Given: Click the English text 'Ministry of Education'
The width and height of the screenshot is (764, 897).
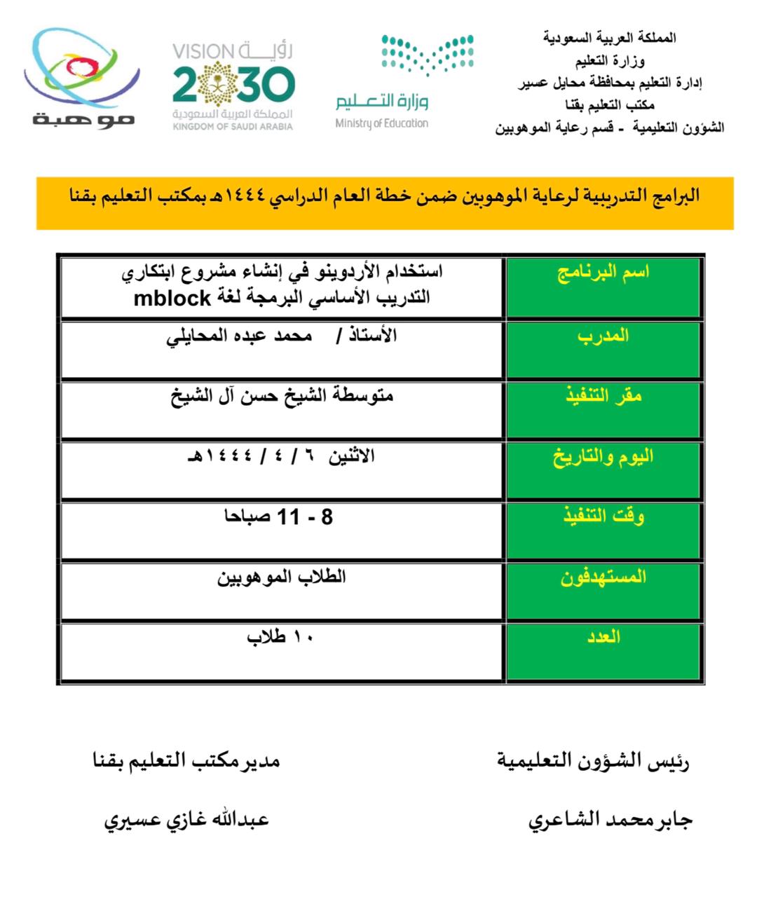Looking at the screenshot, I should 382,123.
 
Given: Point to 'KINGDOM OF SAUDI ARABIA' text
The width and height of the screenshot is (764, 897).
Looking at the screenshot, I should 233,127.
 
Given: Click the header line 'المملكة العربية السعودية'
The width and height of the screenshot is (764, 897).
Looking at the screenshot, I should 609,38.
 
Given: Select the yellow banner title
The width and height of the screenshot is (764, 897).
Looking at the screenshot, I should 385,196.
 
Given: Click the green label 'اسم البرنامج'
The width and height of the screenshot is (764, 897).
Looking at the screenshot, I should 603,272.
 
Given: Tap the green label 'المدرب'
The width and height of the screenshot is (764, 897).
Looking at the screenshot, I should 603,336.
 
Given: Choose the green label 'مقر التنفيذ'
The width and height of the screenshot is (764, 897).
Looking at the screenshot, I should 603,397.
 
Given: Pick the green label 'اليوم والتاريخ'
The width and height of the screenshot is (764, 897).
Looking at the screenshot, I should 603,457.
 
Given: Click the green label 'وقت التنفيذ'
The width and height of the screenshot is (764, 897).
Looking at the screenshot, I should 603,517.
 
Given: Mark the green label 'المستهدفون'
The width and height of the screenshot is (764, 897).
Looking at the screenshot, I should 603,577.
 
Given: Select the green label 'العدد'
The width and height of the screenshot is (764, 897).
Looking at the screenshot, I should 603,637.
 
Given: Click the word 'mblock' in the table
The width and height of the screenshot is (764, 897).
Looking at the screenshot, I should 172,299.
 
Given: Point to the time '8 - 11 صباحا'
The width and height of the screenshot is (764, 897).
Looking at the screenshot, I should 278,517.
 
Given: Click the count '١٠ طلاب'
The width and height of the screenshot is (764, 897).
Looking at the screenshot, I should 280,637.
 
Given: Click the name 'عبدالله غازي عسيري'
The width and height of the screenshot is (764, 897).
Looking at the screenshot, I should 186,819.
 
